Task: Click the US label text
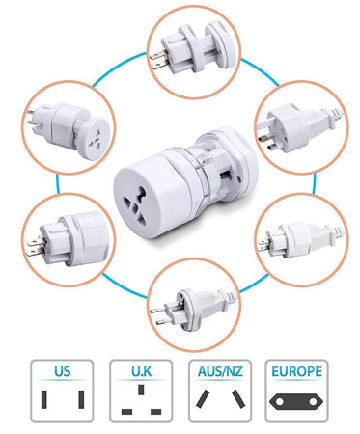[x=62, y=371]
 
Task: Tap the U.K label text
[x=141, y=371]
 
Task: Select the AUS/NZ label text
[x=220, y=371]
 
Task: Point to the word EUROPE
[x=296, y=371]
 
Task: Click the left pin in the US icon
[x=43, y=399]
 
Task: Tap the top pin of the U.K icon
[x=141, y=390]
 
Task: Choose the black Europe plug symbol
[x=296, y=402]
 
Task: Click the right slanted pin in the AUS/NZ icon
[x=238, y=399]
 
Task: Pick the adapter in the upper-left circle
[x=69, y=129]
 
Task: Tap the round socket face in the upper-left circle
[x=95, y=138]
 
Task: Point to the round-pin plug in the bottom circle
[x=193, y=310]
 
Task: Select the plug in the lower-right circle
[x=302, y=238]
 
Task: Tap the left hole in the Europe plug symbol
[x=280, y=402]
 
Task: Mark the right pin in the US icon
[x=81, y=399]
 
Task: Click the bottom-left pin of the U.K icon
[x=126, y=412]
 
